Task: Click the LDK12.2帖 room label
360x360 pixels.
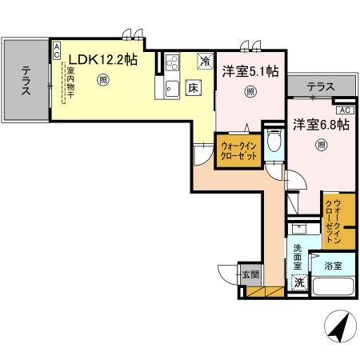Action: click(x=102, y=58)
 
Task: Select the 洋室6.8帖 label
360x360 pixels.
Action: click(x=320, y=125)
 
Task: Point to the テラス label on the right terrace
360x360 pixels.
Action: click(x=320, y=86)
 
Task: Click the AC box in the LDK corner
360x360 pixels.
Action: click(x=57, y=50)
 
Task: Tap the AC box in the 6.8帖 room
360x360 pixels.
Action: click(x=344, y=110)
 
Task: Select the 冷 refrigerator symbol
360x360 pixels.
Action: click(x=206, y=60)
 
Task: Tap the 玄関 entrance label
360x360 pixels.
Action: click(x=250, y=274)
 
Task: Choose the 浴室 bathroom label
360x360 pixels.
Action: click(x=333, y=266)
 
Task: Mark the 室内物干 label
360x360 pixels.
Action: click(x=70, y=82)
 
